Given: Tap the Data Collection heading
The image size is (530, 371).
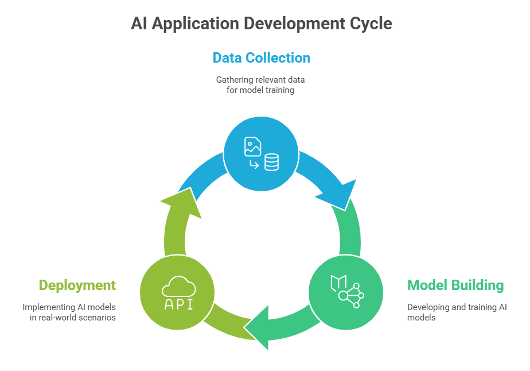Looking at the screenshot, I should pyautogui.click(x=261, y=58).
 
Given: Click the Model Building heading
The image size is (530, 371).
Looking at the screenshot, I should pyautogui.click(x=455, y=285).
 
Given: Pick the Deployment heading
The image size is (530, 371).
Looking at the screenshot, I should pyautogui.click(x=77, y=285).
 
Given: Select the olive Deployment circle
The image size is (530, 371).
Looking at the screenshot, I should pyautogui.click(x=178, y=292).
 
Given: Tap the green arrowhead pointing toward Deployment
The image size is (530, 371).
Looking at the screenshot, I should pyautogui.click(x=259, y=327).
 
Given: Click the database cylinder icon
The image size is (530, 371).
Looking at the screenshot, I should pyautogui.click(x=271, y=163).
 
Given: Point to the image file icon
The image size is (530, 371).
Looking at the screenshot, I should pyautogui.click(x=252, y=146).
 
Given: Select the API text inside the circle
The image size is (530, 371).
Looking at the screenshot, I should pyautogui.click(x=178, y=304).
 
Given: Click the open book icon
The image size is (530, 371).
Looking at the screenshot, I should pyautogui.click(x=338, y=282).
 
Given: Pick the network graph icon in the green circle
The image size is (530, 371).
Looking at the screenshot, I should pyautogui.click(x=352, y=296).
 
